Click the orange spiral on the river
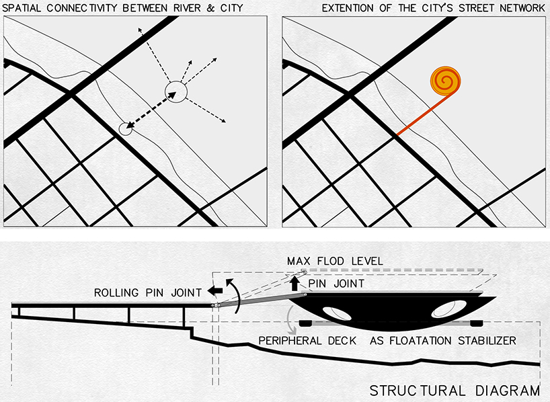[x=446, y=81]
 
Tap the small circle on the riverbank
[x=125, y=129]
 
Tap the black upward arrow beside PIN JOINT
[x=294, y=283]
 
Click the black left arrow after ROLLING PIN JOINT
[x=215, y=290]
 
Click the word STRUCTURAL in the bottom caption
[x=417, y=391]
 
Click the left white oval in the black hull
[x=337, y=314]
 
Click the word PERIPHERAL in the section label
[x=290, y=341]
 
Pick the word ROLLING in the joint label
[x=116, y=293]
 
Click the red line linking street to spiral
[x=423, y=115]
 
